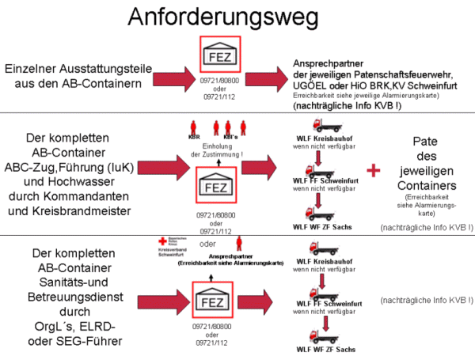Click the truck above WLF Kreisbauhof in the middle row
pos(319,127)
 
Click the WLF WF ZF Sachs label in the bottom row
pos(324,350)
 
